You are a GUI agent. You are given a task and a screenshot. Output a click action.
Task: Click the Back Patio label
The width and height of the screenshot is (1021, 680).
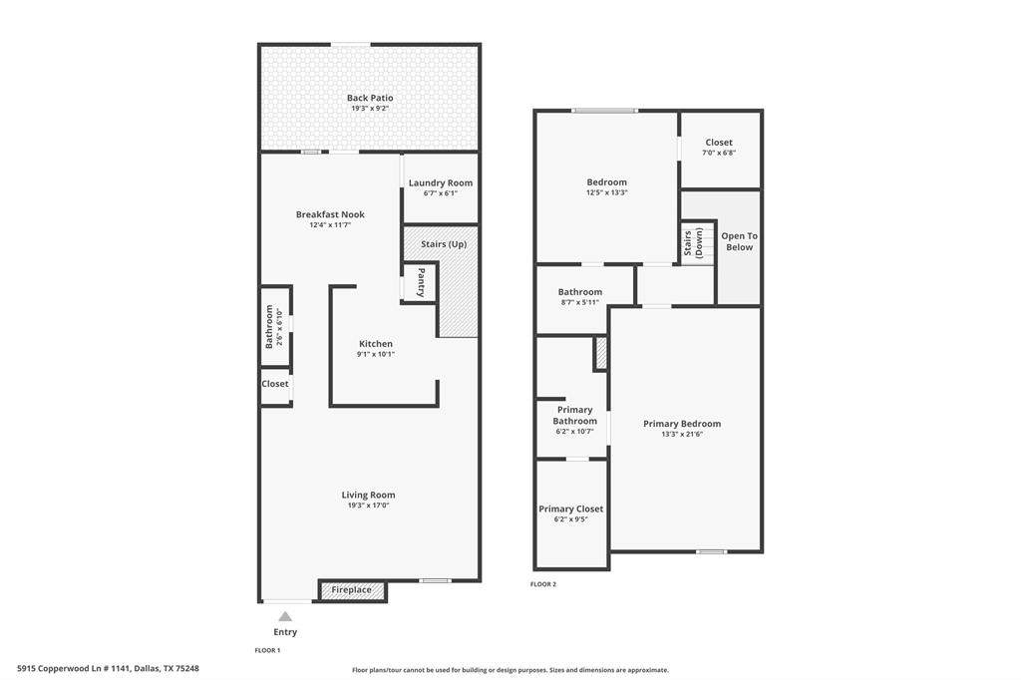370,98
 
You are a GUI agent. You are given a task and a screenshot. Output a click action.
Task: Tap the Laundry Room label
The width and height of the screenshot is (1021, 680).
441,183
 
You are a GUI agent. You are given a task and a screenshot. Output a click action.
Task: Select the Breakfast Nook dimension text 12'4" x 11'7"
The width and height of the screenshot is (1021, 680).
330,225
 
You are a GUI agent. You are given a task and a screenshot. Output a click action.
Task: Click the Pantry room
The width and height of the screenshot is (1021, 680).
420,282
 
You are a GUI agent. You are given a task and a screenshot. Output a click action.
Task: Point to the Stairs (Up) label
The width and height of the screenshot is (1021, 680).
444,244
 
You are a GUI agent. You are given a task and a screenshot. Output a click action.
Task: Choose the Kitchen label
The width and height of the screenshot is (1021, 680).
376,344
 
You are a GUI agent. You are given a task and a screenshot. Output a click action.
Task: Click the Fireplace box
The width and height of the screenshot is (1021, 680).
352,590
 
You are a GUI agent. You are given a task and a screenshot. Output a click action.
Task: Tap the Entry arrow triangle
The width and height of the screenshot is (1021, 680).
285,616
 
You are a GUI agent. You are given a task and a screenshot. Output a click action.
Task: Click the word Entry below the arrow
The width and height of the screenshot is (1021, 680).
285,632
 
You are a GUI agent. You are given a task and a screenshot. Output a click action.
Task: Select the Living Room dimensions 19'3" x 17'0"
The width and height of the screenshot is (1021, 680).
369,506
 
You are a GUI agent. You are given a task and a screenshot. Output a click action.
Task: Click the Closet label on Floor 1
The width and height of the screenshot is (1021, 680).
275,384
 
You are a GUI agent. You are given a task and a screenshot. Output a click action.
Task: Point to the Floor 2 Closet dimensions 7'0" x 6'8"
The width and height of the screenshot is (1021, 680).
719,154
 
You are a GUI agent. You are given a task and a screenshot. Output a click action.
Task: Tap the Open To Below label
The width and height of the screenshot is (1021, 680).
739,241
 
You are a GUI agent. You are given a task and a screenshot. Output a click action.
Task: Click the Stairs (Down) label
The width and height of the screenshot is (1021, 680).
693,243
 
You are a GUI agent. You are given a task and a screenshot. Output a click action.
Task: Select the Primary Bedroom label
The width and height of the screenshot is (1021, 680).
682,424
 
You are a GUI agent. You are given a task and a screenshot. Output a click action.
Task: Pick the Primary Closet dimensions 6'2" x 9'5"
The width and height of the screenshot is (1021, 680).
571,519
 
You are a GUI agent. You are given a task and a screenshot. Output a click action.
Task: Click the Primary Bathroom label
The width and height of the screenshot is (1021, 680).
575,416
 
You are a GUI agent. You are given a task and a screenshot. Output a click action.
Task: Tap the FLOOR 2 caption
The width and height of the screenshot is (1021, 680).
543,584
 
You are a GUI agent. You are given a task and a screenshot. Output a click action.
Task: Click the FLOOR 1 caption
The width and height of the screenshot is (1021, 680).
267,650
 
